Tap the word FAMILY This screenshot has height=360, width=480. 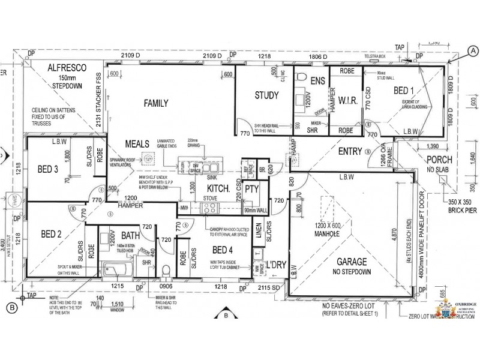coord(155,103)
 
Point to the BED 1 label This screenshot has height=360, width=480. coord(404,91)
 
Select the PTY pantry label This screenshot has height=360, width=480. coord(251,190)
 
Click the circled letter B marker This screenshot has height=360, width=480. coord(10,308)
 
